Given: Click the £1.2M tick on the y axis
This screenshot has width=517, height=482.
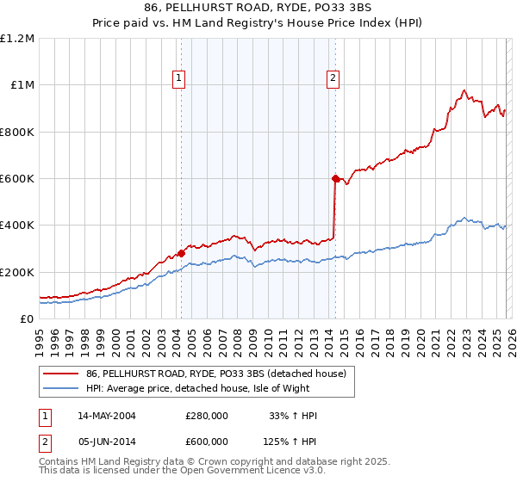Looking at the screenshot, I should tap(18, 38).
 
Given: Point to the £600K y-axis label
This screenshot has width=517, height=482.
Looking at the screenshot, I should tap(18, 179).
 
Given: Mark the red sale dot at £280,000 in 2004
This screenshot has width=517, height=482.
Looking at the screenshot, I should tap(182, 253).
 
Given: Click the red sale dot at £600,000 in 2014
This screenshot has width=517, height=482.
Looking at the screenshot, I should tap(335, 178).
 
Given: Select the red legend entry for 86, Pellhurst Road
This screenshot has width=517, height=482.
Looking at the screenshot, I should tap(215, 374).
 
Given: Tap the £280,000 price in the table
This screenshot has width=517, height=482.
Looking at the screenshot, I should tap(207, 416).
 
